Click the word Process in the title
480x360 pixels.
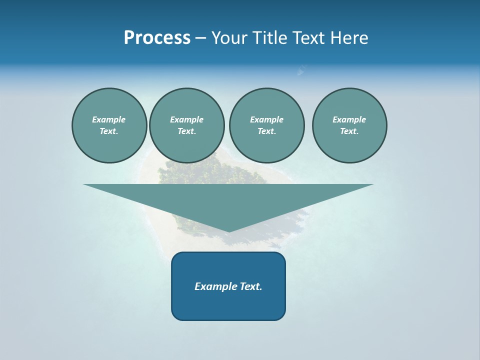[x=157, y=38]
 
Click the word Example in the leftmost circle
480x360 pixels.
[x=108, y=119]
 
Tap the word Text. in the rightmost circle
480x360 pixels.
[x=349, y=131]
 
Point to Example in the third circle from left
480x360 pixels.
[x=266, y=119]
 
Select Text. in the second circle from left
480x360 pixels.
[x=186, y=131]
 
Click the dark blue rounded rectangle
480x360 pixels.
[x=228, y=305]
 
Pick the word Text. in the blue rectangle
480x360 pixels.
[x=251, y=286]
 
